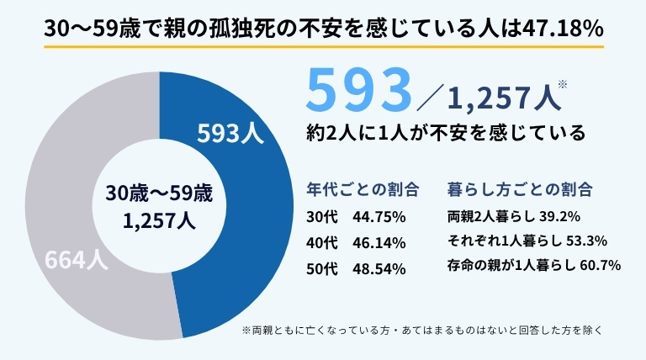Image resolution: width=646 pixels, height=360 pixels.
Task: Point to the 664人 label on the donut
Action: (x=75, y=260)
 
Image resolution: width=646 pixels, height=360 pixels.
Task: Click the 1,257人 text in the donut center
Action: (x=160, y=221)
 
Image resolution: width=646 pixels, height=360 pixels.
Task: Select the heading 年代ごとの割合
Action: (x=361, y=187)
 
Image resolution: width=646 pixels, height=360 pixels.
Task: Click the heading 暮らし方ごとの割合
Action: (x=519, y=187)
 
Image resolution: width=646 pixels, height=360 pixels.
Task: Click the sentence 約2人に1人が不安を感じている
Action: (x=446, y=133)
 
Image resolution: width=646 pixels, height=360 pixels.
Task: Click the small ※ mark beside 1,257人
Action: (x=563, y=83)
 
